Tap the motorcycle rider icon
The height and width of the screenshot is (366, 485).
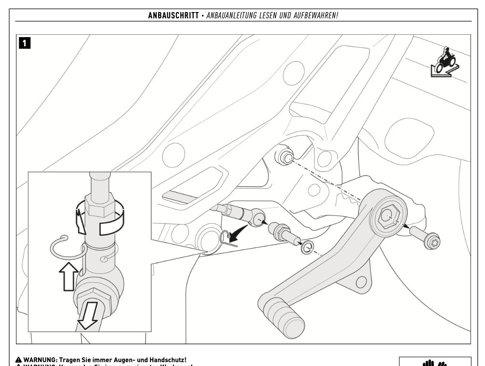[x=445, y=61]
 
